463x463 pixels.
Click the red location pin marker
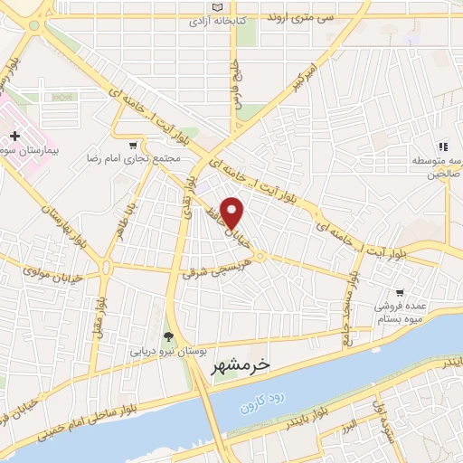(x=233, y=213)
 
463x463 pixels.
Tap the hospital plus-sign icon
(x=15, y=135)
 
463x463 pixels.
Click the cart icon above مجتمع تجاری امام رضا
(x=134, y=144)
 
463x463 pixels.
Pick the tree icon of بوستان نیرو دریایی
(x=166, y=337)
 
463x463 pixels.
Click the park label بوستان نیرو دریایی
(x=169, y=350)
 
